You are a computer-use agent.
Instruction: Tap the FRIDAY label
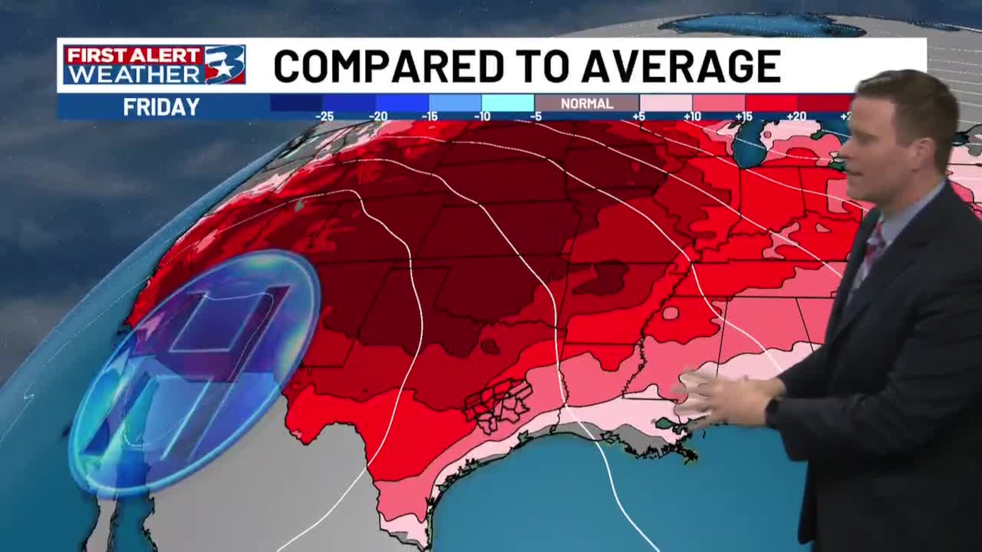pos(161,107)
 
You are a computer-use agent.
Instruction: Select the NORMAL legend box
pos(587,103)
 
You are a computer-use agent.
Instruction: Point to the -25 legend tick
pos(324,117)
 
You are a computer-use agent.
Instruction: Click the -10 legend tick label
pos(482,117)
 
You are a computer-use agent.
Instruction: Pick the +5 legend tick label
pos(639,117)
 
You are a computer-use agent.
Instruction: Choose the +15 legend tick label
pos(744,117)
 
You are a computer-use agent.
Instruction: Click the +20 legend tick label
pos(796,117)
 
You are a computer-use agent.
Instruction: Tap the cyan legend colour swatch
pos(507,102)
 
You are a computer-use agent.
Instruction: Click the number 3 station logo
pos(225,64)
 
